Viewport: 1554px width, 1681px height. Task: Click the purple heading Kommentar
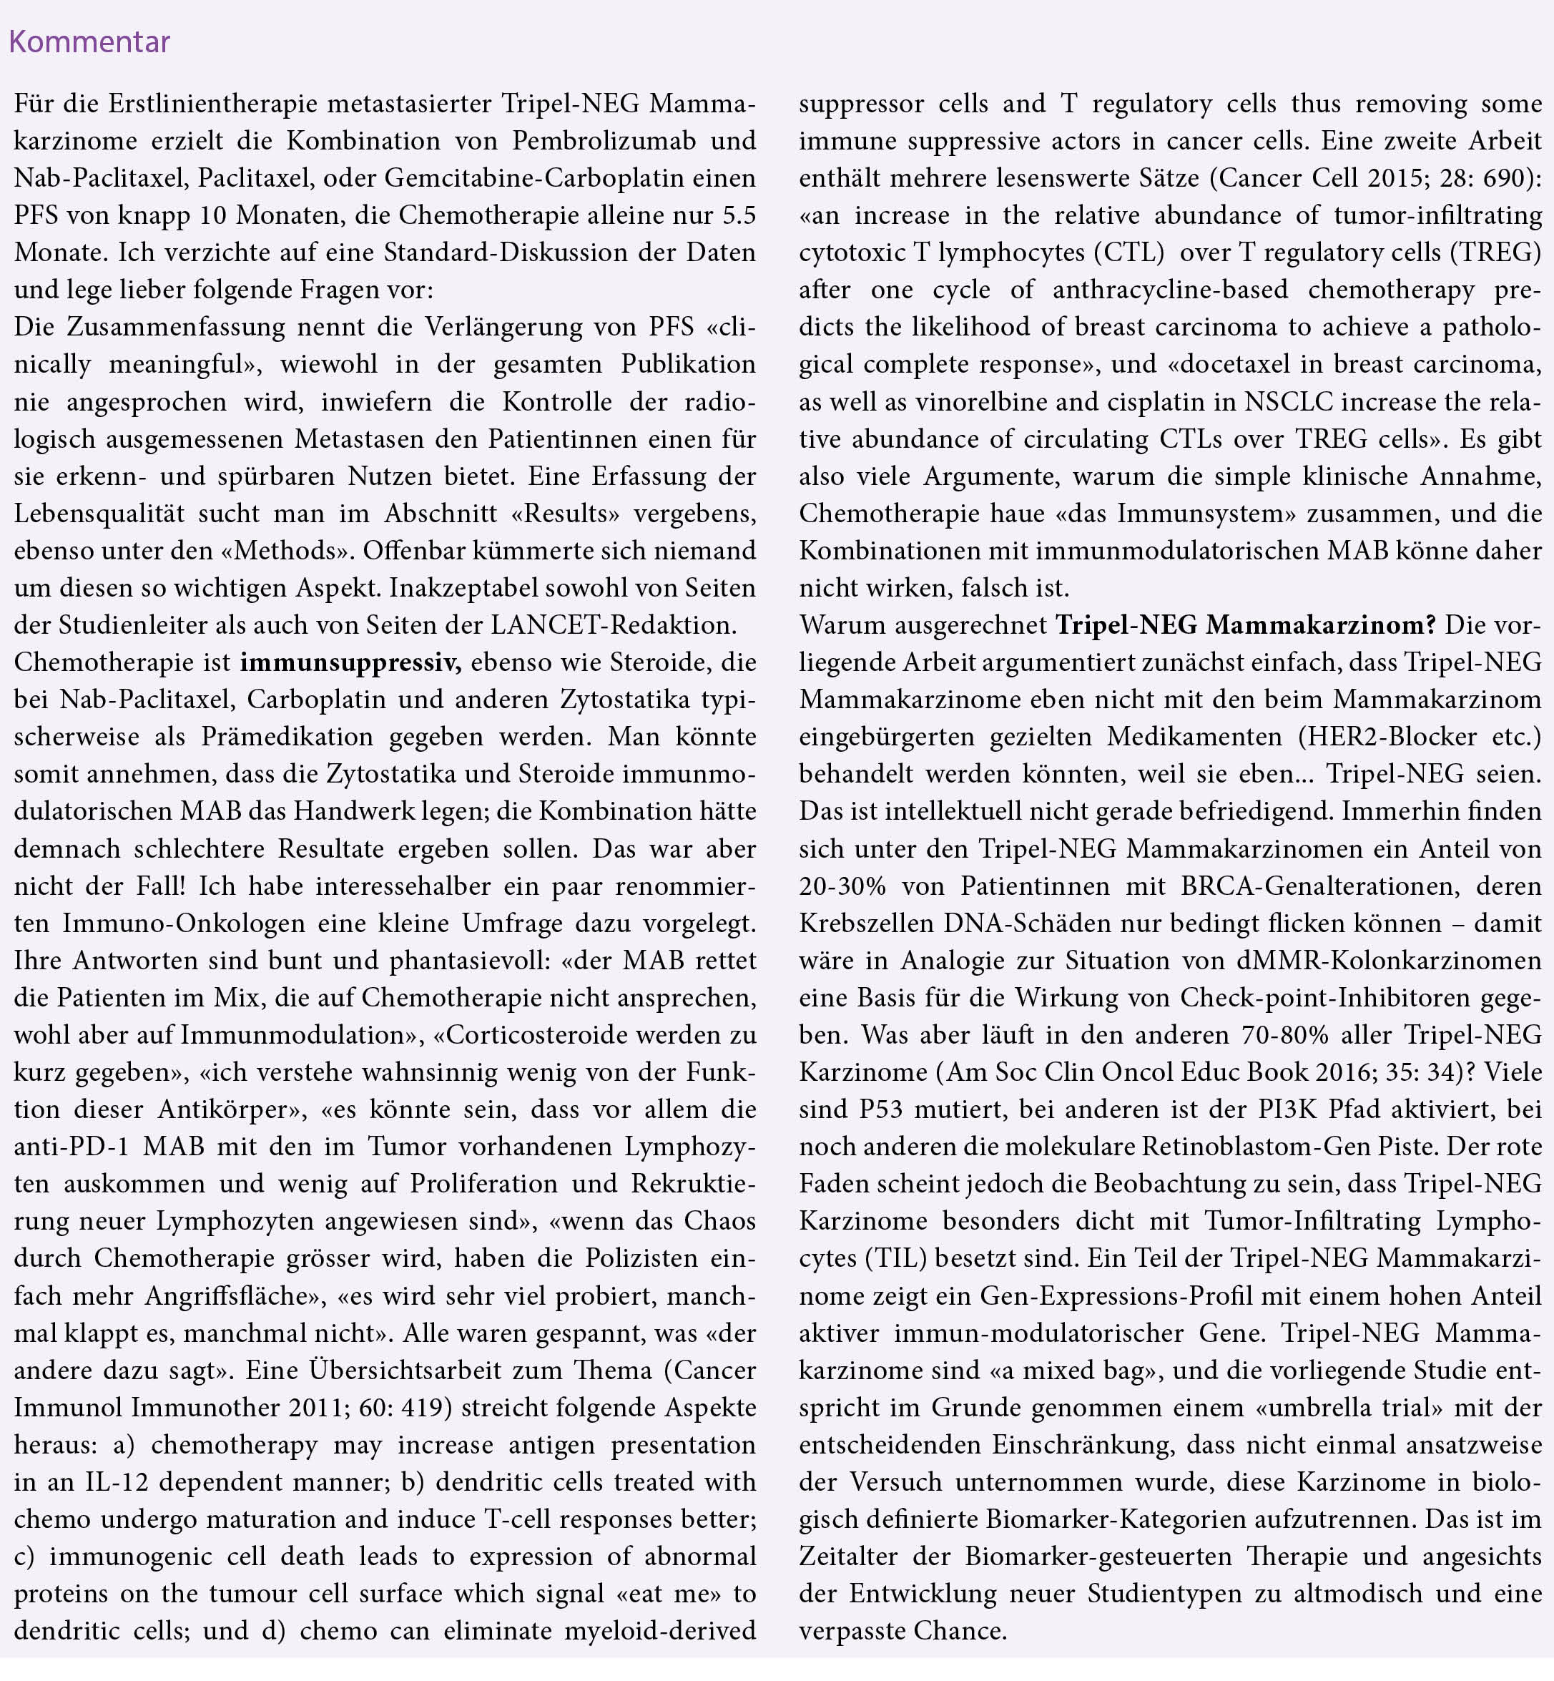point(89,42)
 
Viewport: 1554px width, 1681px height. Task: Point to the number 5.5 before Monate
point(738,215)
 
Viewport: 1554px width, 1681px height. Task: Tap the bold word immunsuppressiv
point(350,662)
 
